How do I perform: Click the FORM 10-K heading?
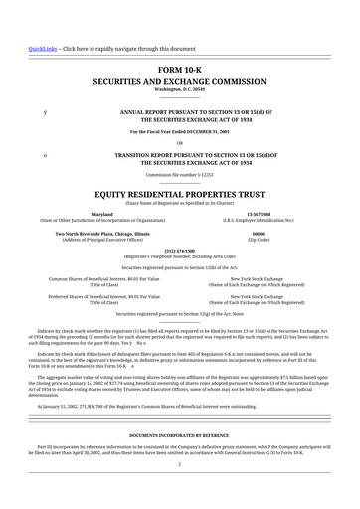coord(179,68)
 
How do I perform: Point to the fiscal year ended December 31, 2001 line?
coord(179,131)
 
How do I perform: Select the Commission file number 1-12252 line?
coord(179,173)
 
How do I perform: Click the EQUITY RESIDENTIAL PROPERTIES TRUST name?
coord(179,193)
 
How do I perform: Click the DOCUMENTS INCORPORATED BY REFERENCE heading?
coord(179,436)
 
